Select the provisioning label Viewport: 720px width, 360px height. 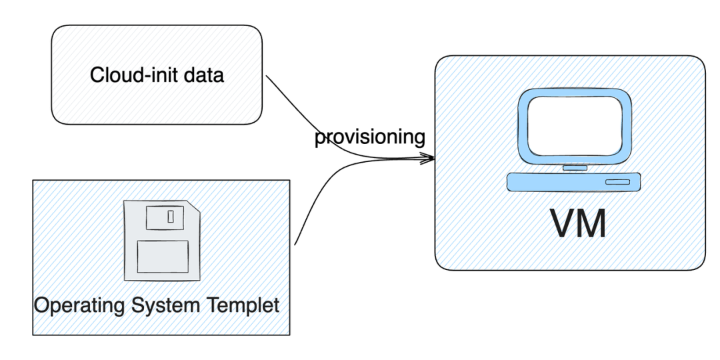click(x=369, y=137)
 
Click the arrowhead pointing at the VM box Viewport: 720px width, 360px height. click(x=428, y=159)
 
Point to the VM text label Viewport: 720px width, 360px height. click(x=578, y=223)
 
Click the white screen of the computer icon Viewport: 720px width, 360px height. click(x=575, y=126)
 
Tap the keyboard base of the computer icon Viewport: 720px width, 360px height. click(x=573, y=181)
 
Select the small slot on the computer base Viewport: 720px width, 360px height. click(x=617, y=182)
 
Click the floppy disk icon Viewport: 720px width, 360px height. click(x=162, y=240)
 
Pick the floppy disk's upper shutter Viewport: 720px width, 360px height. click(x=165, y=217)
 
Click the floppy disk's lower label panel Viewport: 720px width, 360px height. click(x=163, y=257)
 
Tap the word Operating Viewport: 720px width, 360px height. click(x=79, y=305)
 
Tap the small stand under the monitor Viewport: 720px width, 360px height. click(x=575, y=168)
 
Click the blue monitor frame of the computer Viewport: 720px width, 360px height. click(x=523, y=126)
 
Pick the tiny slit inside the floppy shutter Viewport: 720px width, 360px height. click(x=171, y=216)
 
